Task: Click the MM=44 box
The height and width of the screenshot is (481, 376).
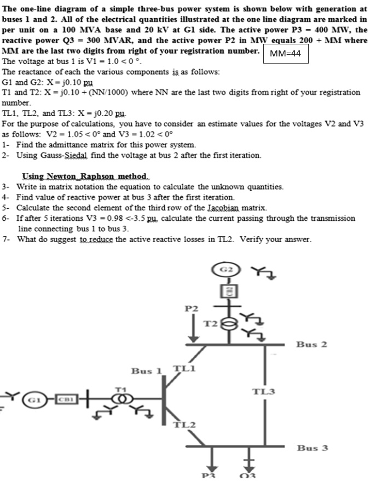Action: tap(285, 54)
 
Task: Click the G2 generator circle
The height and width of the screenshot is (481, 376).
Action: tap(230, 270)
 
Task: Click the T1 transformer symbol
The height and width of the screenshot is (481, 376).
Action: tap(119, 398)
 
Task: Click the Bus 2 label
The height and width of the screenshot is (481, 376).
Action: tap(311, 344)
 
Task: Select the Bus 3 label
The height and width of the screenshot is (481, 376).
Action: tap(312, 448)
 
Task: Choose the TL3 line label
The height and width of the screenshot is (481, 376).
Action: tap(263, 391)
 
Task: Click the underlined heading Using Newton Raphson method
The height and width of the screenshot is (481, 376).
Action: tap(85, 176)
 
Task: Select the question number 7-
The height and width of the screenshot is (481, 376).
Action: tap(7, 239)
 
